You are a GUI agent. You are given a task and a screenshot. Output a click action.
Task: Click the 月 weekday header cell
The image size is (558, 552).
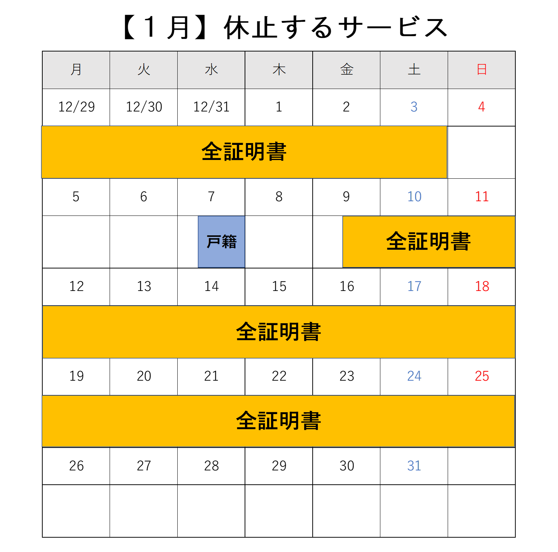tap(76, 70)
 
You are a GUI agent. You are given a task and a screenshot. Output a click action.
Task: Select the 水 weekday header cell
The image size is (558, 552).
tap(211, 70)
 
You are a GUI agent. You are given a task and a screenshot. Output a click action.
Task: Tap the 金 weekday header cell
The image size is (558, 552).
tap(346, 70)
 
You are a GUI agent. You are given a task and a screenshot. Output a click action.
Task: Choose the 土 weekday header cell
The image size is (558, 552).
tap(414, 70)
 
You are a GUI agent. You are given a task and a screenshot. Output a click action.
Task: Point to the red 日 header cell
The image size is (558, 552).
tap(481, 70)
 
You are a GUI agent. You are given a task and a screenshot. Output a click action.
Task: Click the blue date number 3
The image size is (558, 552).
tap(414, 107)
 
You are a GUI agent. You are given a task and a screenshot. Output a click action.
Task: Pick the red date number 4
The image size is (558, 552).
tap(482, 107)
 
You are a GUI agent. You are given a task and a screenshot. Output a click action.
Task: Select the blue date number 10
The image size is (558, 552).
tap(415, 197)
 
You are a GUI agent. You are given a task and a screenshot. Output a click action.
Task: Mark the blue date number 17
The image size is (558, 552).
tap(415, 286)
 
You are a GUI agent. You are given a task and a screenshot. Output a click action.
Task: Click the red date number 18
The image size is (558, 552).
tap(482, 286)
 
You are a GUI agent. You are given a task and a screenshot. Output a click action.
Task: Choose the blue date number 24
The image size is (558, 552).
tap(415, 376)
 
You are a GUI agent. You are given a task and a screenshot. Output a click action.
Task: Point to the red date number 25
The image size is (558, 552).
tap(482, 376)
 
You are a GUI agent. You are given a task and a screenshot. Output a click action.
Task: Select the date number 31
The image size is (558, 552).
tap(414, 466)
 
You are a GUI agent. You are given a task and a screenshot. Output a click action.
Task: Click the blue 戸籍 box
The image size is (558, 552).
tap(221, 242)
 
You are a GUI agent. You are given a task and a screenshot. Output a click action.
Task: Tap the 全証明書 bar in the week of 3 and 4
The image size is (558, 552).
tap(244, 152)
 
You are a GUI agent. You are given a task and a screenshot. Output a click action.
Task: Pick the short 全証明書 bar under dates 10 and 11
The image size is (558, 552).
tap(429, 242)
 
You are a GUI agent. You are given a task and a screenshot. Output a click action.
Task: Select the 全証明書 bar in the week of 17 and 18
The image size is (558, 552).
tap(279, 332)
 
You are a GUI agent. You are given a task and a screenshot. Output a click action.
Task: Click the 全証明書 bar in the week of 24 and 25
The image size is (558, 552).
tap(278, 421)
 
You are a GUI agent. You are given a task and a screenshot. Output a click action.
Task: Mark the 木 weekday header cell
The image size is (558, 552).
tap(279, 70)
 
